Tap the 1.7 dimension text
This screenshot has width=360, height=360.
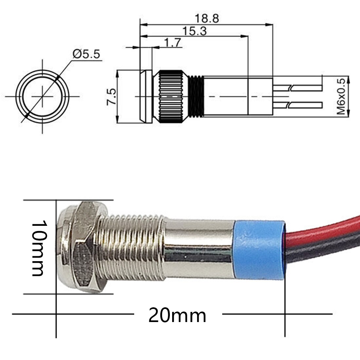[172, 43]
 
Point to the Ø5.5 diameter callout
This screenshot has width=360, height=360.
[86, 54]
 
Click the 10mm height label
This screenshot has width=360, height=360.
[38, 248]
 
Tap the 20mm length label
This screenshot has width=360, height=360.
[177, 315]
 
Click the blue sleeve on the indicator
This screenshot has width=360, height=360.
[259, 250]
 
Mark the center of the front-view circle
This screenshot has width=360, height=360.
[42, 97]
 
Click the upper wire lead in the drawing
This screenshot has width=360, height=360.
[298, 88]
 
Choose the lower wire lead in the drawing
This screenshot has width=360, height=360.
[298, 105]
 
